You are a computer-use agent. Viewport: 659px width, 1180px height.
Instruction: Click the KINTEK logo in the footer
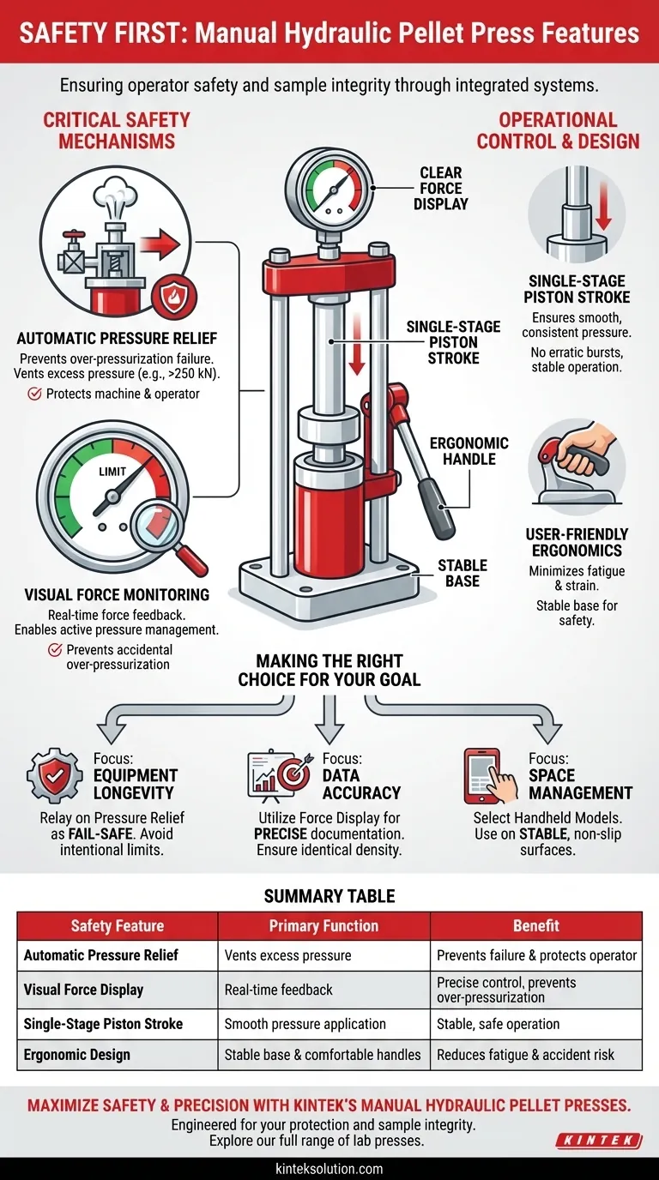599,1141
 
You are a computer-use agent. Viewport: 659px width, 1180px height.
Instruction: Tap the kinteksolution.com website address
329,1168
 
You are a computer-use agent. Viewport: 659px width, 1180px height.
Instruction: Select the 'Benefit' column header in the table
536,925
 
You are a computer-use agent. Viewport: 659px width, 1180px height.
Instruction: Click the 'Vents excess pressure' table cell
287,955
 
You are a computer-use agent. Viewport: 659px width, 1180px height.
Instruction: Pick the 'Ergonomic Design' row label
77,1054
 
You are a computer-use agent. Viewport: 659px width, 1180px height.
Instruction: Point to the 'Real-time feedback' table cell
278,990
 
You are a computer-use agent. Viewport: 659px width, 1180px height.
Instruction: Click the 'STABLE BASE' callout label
463,573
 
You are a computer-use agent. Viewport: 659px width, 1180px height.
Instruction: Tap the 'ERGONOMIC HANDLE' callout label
469,451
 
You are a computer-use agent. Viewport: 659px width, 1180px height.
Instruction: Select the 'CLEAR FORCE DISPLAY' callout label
441,188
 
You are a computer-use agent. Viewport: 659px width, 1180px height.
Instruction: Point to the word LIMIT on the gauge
112,472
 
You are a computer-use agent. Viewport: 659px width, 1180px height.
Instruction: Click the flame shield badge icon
174,297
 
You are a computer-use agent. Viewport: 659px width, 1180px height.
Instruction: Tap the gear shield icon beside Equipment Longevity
55,775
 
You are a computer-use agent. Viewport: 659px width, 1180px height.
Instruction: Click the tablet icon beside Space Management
483,776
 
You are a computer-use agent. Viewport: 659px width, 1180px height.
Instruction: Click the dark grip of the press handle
437,506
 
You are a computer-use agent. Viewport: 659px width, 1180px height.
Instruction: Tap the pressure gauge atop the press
329,190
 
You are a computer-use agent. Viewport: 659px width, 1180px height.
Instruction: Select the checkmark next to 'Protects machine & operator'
35,394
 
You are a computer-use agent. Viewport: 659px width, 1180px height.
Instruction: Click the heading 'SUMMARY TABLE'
329,896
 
